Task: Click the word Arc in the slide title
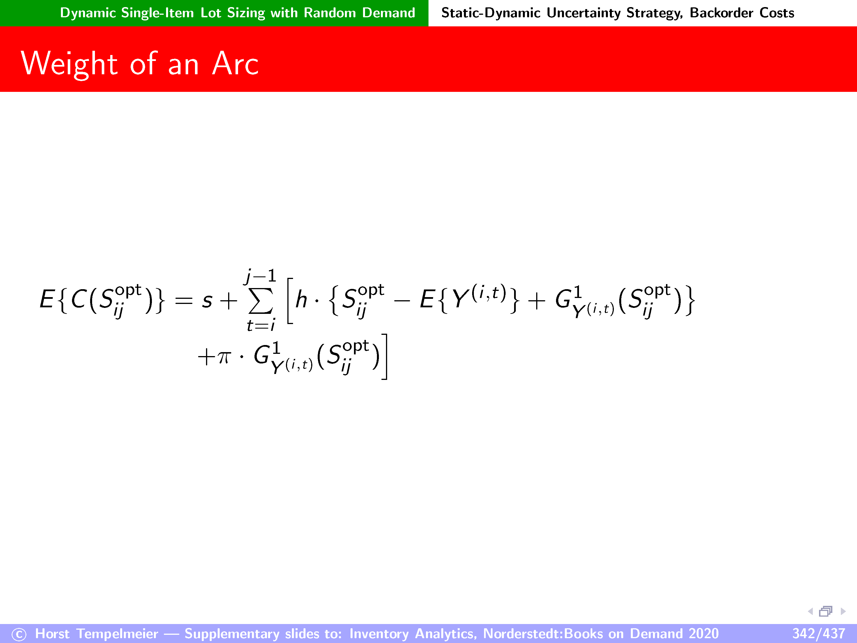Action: pos(235,64)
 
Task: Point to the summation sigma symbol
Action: pos(260,301)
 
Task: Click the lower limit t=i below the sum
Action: pos(261,325)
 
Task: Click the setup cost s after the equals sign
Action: pos(207,301)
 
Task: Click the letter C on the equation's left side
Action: pos(79,299)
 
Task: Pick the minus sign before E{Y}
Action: pos(402,300)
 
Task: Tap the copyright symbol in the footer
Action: pos(19,634)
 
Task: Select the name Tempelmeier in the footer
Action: pos(117,634)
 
